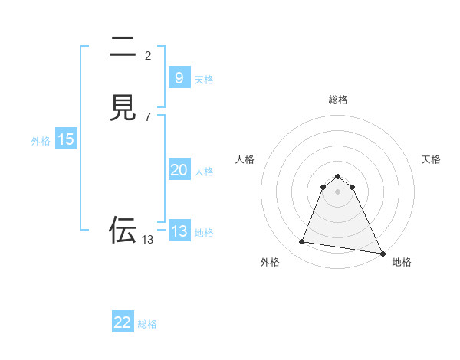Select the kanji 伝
123,229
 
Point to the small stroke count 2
148,55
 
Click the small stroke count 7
148,116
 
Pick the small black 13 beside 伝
148,240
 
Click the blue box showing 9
179,77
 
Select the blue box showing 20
179,170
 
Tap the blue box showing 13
179,231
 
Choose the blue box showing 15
66,139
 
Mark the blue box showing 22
123,322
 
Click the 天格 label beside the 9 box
204,80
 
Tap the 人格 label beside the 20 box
205,172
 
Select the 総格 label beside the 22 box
147,324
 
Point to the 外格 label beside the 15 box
41,141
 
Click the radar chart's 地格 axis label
402,263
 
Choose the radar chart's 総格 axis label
338,100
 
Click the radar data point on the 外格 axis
301,242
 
